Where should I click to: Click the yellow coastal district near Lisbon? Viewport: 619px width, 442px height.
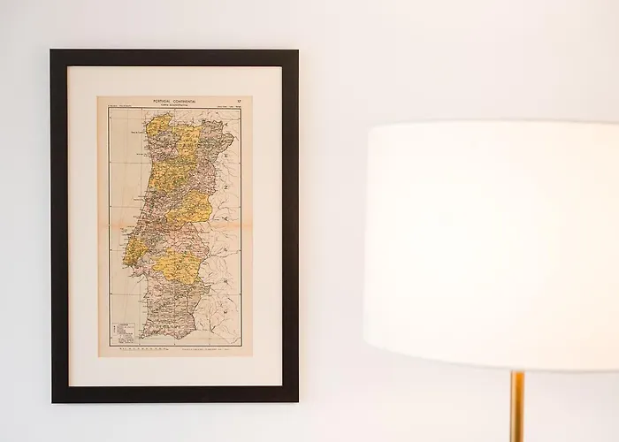pyautogui.click(x=134, y=253)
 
